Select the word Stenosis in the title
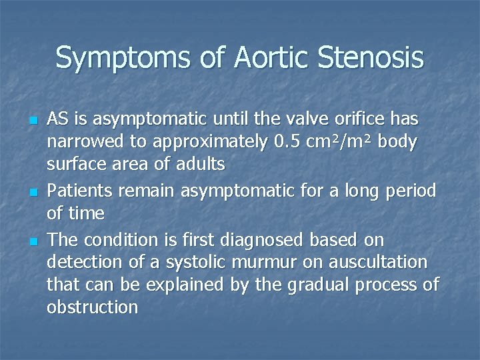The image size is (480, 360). click(371, 57)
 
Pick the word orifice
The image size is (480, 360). click(360, 119)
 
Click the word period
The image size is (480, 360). click(411, 191)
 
